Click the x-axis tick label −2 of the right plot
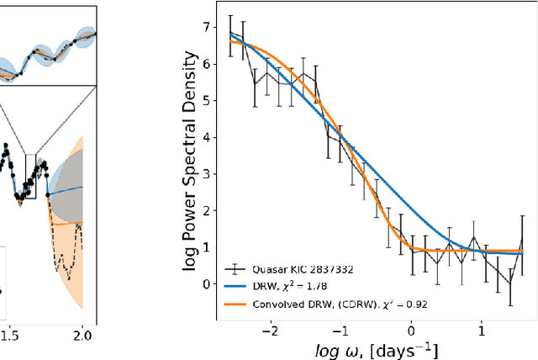pyautogui.click(x=268, y=331)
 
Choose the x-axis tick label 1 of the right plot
pyautogui.click(x=483, y=331)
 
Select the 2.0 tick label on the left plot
pyautogui.click(x=82, y=335)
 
